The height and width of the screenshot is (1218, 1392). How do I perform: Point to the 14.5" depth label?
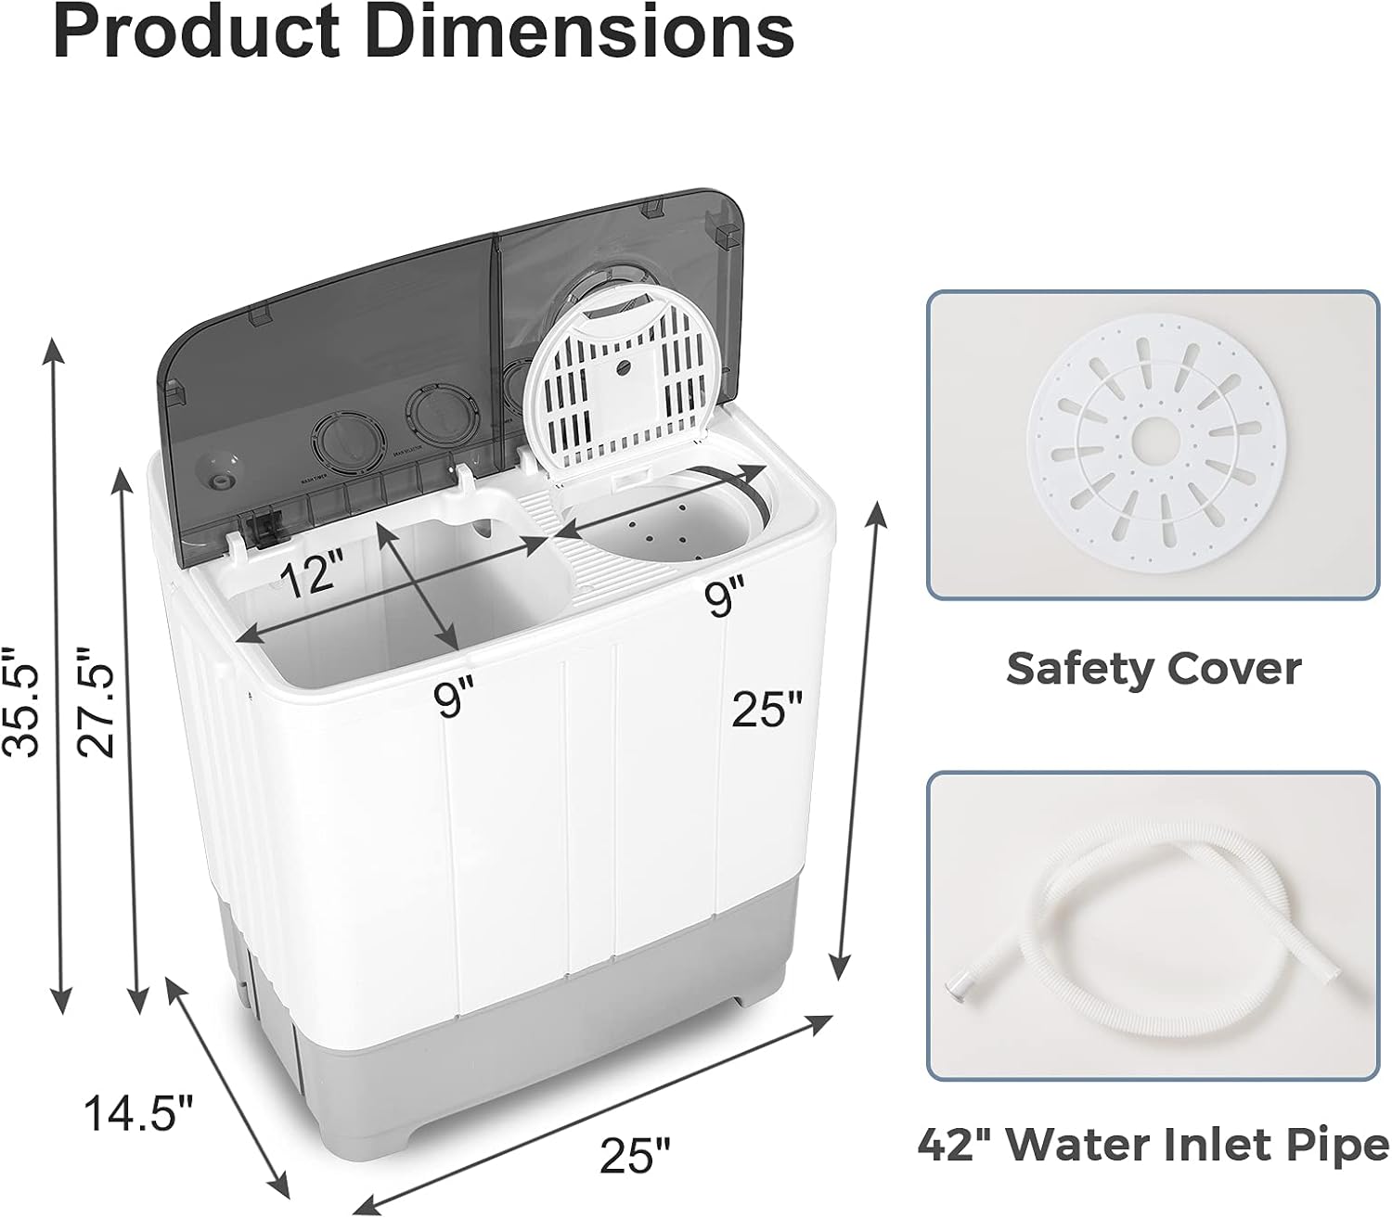[x=139, y=1112]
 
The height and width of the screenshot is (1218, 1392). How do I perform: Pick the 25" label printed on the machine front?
[x=767, y=711]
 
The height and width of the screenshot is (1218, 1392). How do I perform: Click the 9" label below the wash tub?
[x=454, y=698]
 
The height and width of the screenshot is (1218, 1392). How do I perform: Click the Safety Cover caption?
[x=1154, y=667]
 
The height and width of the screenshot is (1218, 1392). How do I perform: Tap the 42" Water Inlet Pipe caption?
[x=1154, y=1144]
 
